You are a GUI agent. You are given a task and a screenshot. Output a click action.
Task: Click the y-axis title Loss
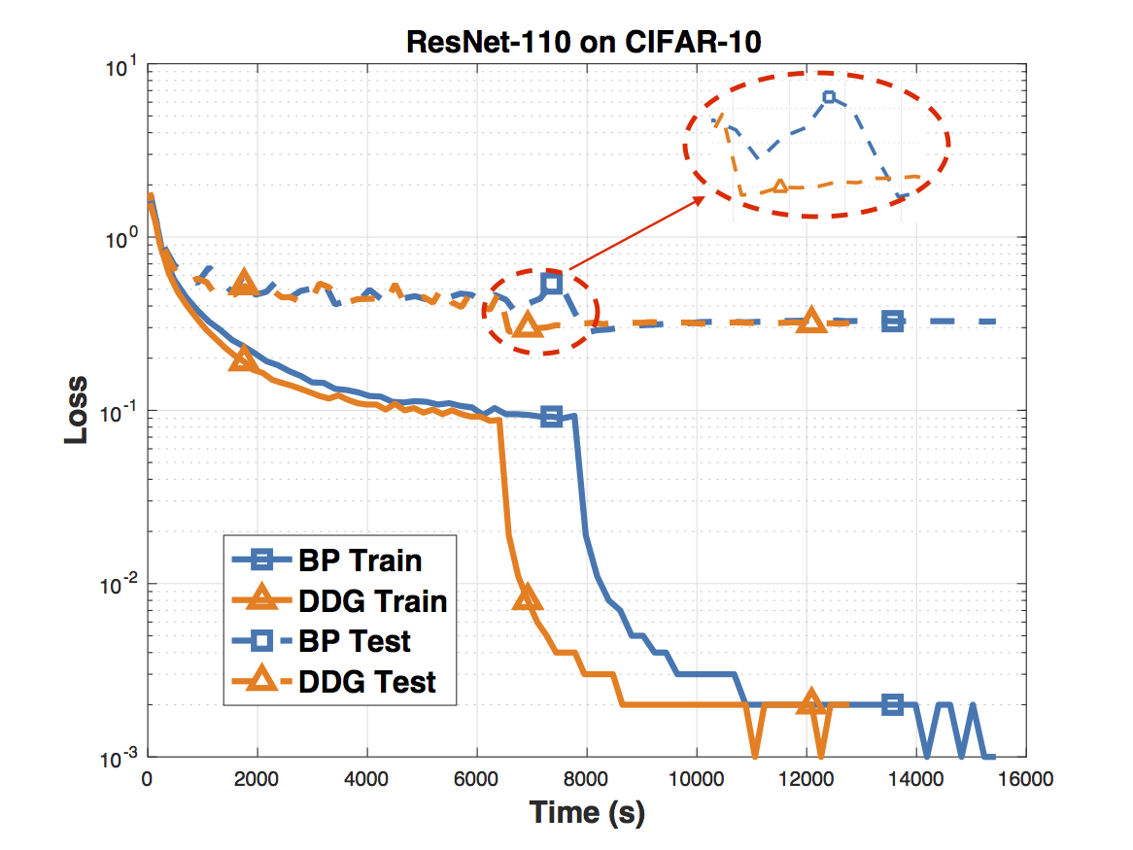[77, 410]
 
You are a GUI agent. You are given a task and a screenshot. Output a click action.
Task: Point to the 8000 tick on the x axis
[587, 777]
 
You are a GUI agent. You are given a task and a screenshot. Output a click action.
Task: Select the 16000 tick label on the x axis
[1026, 777]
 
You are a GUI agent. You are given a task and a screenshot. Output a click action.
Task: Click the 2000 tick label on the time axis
[257, 777]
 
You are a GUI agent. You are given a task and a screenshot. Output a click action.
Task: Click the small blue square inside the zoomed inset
[829, 97]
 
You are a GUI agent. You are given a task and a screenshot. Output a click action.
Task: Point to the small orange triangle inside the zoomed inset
[778, 185]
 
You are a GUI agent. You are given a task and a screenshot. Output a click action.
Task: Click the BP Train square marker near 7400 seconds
[552, 416]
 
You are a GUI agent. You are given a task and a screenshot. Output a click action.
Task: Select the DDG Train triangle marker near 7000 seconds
[526, 597]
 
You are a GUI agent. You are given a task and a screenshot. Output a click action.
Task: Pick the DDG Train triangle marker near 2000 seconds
[244, 358]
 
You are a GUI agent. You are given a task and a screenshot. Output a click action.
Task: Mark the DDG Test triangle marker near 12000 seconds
[811, 321]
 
